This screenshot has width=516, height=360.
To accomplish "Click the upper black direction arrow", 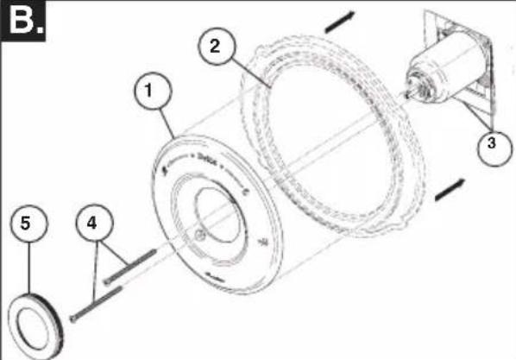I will click(x=339, y=23).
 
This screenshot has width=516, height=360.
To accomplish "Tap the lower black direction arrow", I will click(x=448, y=192).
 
